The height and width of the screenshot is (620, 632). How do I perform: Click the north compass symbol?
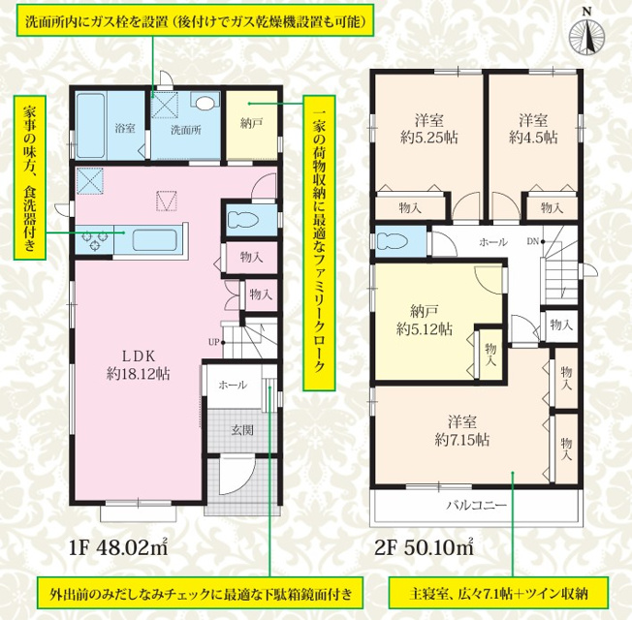[586, 36]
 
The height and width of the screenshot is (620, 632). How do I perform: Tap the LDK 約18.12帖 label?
[139, 365]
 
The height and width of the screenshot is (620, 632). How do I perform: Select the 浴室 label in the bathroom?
[125, 129]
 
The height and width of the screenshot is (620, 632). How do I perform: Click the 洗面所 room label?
[185, 130]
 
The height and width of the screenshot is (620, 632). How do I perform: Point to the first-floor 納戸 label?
[251, 123]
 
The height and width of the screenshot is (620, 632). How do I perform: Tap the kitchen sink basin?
[154, 240]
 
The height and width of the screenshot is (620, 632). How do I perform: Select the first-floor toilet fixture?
[242, 220]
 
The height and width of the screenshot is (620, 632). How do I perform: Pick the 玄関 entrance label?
[242, 430]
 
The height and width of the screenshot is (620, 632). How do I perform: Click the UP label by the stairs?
[213, 342]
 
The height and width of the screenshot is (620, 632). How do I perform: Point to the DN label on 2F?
[533, 242]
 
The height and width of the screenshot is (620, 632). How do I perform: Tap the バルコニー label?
[476, 505]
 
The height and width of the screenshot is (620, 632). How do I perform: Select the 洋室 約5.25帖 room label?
[429, 129]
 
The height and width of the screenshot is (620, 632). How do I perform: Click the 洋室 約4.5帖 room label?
[533, 129]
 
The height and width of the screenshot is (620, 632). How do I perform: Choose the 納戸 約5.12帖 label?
[424, 321]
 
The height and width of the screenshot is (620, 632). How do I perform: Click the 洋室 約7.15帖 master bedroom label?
[462, 431]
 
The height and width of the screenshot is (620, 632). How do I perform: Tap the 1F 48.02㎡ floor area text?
[118, 548]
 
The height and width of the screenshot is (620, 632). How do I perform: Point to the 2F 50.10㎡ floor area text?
[424, 548]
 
